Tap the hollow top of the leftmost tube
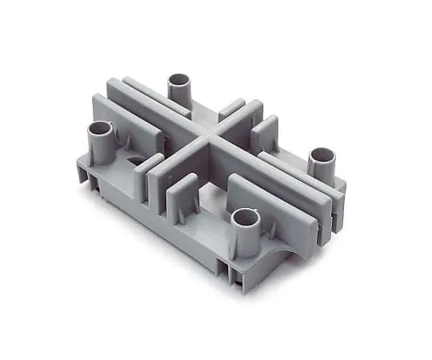pyautogui.click(x=102, y=129)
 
